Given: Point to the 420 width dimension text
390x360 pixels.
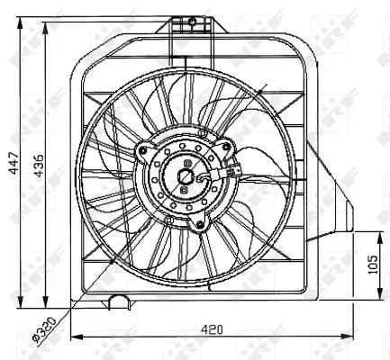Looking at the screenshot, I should (x=213, y=329).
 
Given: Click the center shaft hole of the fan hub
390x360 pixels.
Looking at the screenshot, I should (x=186, y=178).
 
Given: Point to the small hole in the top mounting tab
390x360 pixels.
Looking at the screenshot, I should (x=191, y=19).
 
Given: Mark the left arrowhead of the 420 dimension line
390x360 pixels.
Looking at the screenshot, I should (x=74, y=337).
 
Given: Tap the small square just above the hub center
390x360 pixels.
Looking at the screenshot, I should (x=186, y=165).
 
